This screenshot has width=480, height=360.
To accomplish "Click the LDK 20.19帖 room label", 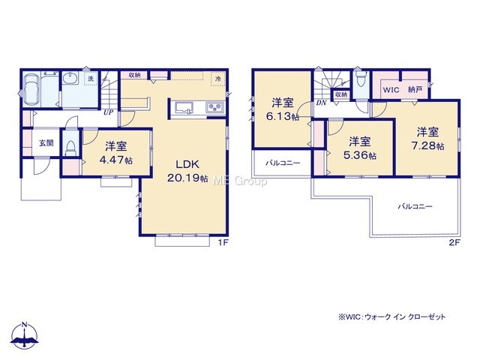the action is point(187,171).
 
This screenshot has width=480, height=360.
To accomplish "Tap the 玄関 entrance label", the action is point(46,142).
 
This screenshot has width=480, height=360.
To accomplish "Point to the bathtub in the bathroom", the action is point(31,89).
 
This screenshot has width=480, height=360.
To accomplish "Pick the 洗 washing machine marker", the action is point(91,78).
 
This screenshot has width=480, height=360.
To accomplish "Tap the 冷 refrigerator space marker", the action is point(218,79).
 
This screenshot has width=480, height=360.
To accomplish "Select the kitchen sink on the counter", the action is point(184,108).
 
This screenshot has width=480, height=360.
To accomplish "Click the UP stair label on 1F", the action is point(108,112).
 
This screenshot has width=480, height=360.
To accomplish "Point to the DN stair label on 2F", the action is point(321,103).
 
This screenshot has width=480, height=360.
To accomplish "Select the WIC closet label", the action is point(391,90).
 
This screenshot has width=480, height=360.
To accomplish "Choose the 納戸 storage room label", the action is point(415,90).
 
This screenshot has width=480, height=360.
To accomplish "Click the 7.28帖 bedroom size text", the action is point(427,146).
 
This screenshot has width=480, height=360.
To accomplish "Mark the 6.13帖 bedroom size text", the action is point(283,117).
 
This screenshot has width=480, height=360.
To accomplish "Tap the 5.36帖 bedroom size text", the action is point(360,155).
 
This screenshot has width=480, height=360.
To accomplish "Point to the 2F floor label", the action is point(454,243).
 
